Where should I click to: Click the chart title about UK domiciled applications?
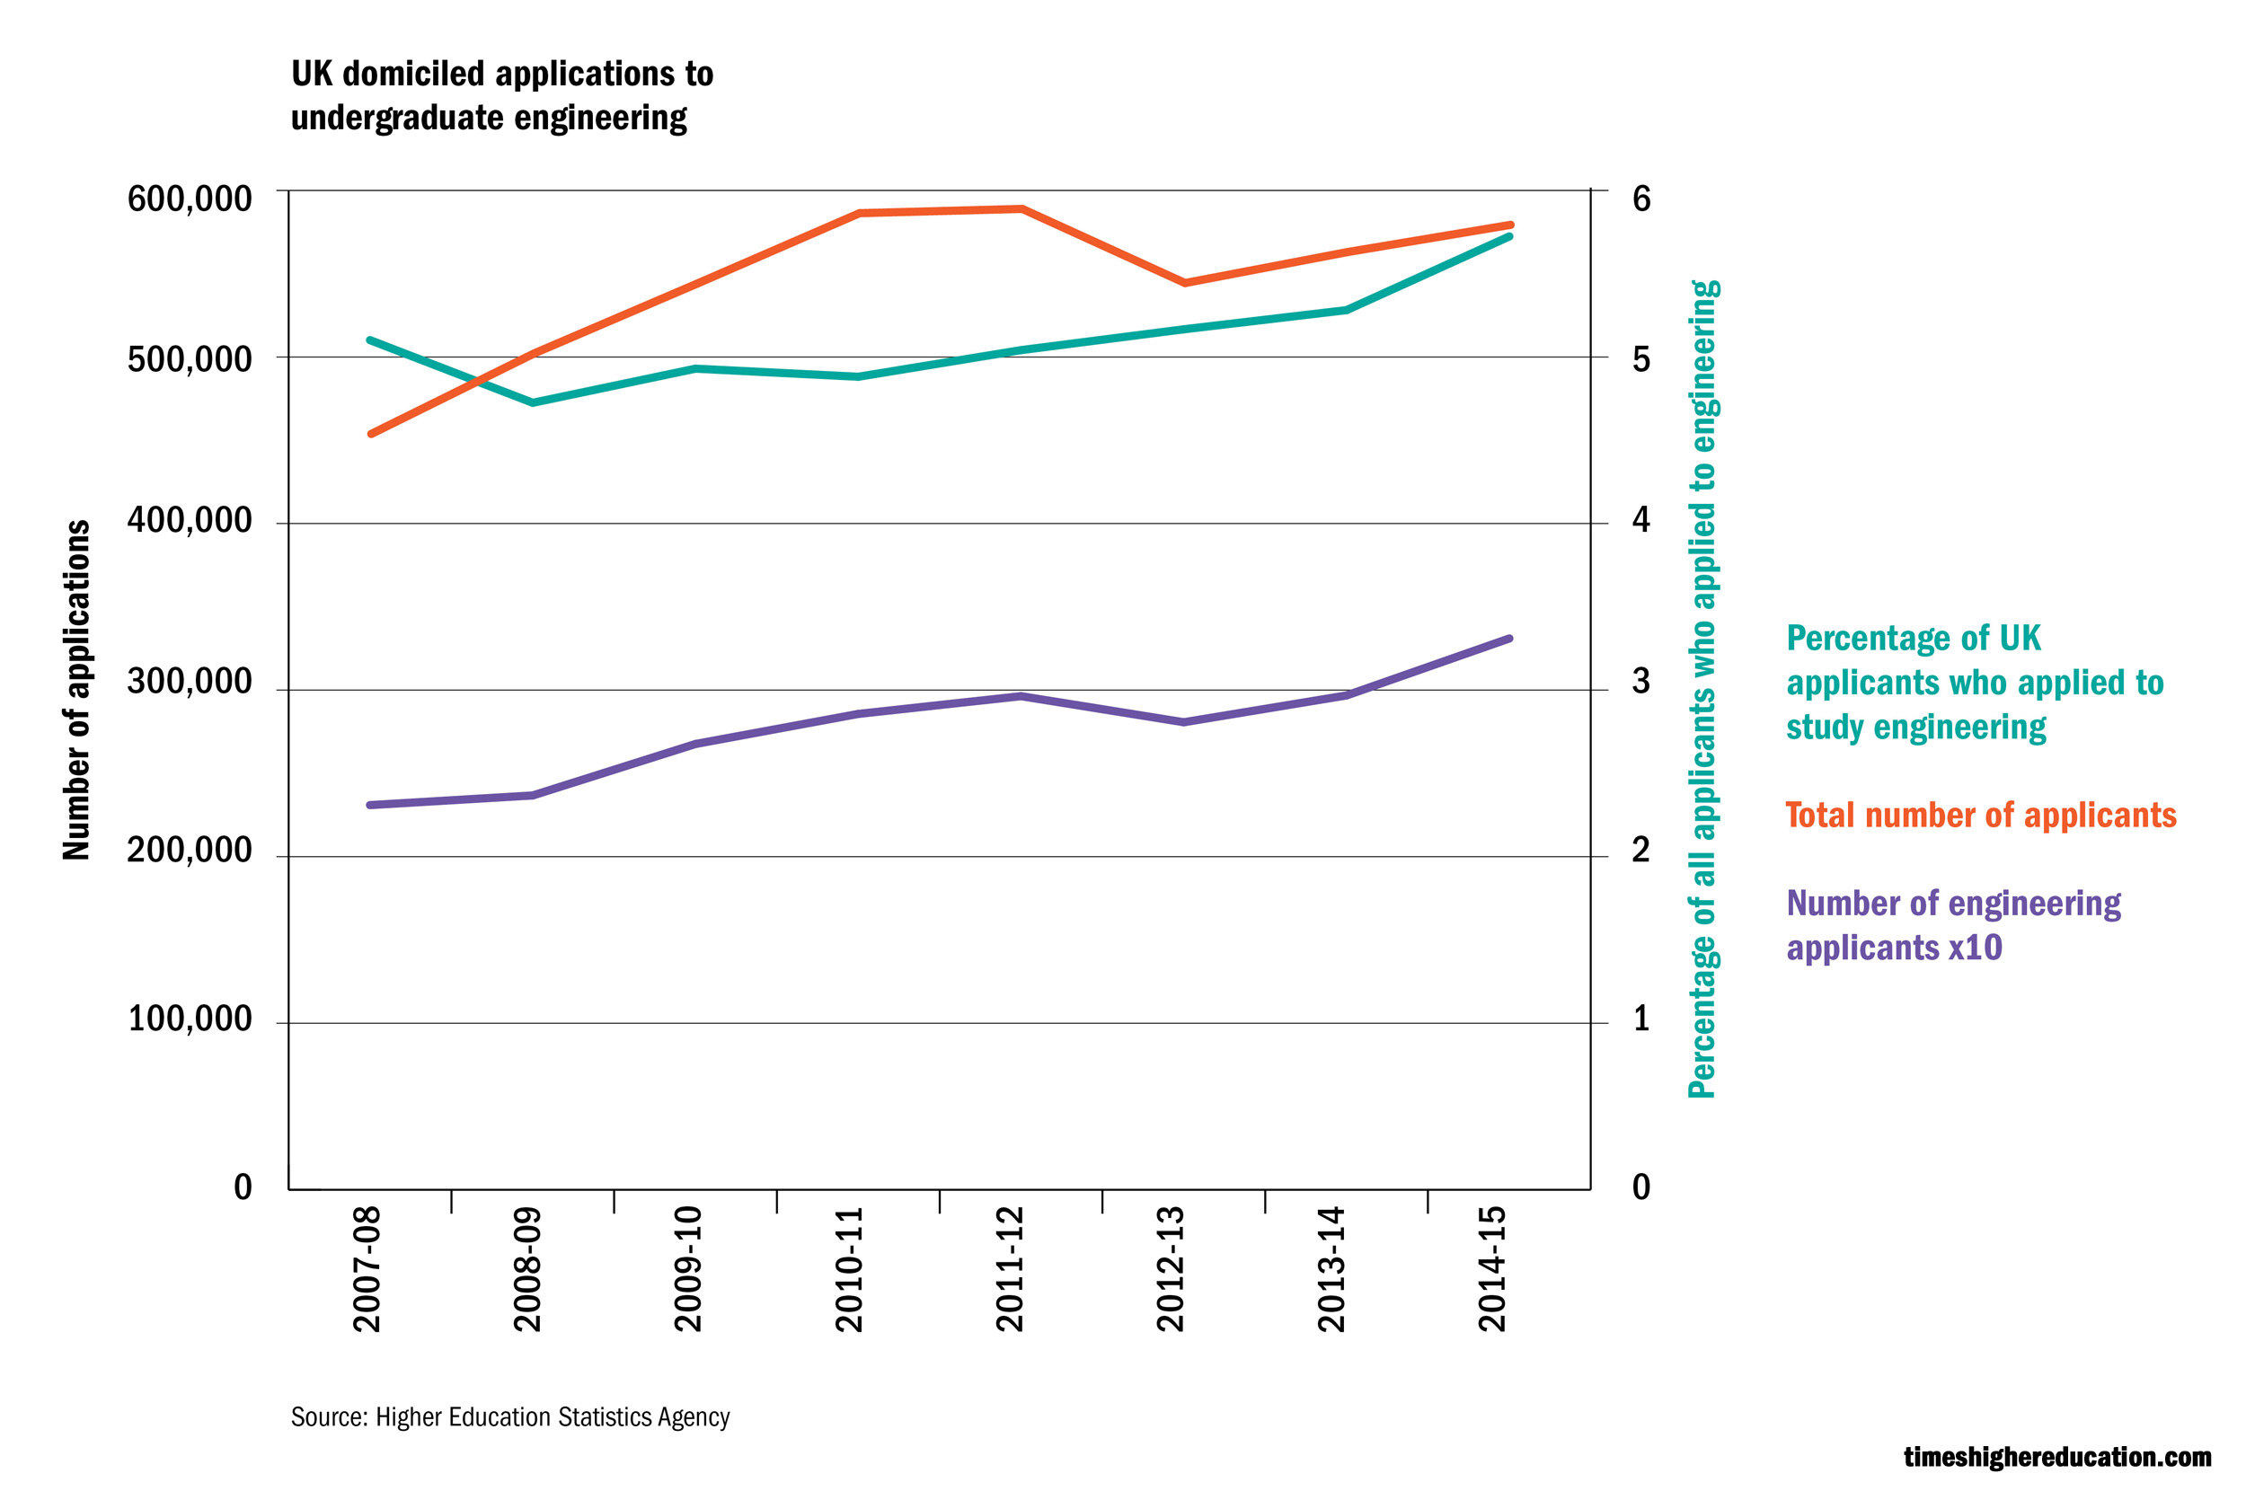501,96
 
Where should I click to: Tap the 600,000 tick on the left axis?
190,199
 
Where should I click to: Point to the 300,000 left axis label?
190,682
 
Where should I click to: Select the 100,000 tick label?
190,1019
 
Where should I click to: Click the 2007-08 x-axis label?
367,1268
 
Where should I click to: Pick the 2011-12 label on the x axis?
1010,1268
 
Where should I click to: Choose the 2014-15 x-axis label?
1492,1268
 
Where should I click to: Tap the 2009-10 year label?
689,1268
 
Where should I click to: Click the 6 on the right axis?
1641,199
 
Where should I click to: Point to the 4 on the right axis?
1641,520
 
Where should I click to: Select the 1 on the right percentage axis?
1641,1019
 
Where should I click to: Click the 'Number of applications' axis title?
76,690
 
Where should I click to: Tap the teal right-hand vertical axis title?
1703,689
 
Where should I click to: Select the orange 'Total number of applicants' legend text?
1981,815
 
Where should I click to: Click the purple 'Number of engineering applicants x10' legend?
1953,925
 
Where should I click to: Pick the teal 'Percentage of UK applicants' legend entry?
1975,682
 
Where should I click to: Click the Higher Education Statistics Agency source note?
510,1416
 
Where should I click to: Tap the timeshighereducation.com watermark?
2056,1457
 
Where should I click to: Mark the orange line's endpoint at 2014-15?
1510,225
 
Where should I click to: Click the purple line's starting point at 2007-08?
370,805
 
